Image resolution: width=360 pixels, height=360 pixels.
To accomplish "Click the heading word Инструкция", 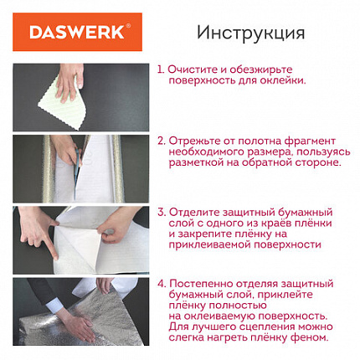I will pyautogui.click(x=250, y=33).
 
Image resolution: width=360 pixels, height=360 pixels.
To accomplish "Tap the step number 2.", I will pyautogui.click(x=161, y=140).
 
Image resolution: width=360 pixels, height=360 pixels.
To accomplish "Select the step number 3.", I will pyautogui.click(x=161, y=212).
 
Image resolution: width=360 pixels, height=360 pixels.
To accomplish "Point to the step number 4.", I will pyautogui.click(x=161, y=284).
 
